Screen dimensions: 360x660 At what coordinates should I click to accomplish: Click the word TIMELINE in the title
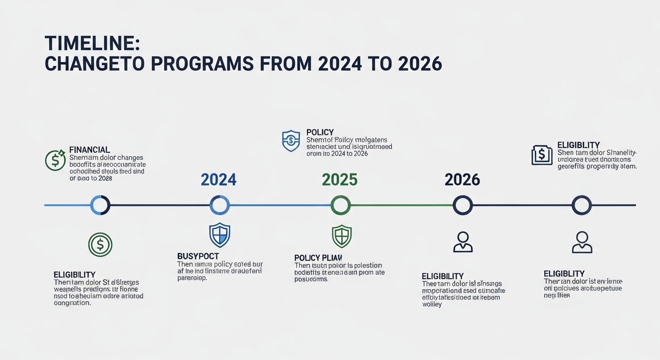(x=92, y=43)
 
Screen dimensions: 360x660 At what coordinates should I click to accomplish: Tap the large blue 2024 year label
(x=218, y=180)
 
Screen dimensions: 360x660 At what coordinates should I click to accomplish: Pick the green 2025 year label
(x=340, y=180)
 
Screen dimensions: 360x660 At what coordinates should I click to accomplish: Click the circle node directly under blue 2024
(x=219, y=205)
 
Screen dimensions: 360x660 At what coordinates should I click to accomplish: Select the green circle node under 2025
(x=340, y=205)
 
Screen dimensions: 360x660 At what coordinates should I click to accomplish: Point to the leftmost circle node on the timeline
(x=100, y=205)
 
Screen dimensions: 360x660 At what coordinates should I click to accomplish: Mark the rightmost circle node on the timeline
(x=582, y=205)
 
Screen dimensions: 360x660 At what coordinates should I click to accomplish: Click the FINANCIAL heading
(x=90, y=150)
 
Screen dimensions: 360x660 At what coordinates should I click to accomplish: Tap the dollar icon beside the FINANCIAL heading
(x=55, y=160)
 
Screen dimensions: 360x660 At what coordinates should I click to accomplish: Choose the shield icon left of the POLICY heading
(x=291, y=141)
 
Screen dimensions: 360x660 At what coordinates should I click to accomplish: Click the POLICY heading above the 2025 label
(x=320, y=133)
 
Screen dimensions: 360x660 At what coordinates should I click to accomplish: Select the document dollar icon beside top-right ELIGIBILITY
(x=542, y=155)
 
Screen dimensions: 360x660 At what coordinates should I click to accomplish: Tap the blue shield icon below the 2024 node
(x=219, y=235)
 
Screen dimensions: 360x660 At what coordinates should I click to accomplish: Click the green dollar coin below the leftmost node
(x=100, y=244)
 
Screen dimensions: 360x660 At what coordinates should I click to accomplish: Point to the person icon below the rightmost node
(x=582, y=242)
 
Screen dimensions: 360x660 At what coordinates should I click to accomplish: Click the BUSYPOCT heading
(x=198, y=256)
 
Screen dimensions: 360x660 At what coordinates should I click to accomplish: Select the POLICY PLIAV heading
(x=318, y=258)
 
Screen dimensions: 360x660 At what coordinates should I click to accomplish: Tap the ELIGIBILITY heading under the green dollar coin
(x=75, y=275)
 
